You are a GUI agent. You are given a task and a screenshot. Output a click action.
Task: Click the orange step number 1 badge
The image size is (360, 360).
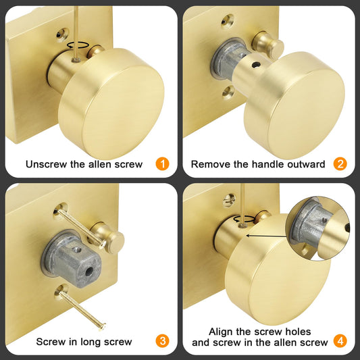(163, 164)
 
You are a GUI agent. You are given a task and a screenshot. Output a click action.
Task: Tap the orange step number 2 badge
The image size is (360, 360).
(340, 164)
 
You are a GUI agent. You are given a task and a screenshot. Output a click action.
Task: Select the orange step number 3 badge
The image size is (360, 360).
(163, 342)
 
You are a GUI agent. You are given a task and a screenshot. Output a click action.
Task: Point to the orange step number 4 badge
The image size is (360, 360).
(340, 342)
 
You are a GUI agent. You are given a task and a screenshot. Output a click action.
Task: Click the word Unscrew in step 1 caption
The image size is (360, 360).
(45, 164)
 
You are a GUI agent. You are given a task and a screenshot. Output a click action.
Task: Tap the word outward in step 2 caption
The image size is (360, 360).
(305, 164)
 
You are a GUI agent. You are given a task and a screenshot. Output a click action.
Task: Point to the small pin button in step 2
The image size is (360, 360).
(267, 43)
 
